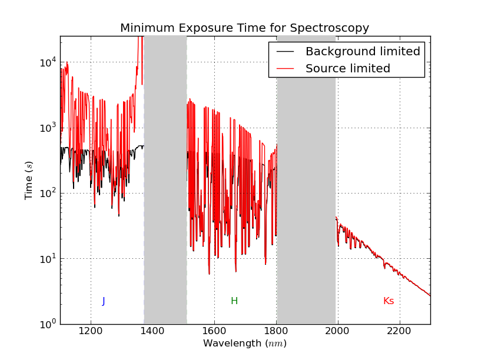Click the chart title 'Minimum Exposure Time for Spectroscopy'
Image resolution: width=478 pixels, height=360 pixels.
click(x=244, y=28)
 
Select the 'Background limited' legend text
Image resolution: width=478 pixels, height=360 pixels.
click(x=363, y=52)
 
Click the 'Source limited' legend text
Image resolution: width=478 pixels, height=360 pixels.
click(x=347, y=69)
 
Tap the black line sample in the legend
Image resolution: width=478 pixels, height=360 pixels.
click(x=285, y=52)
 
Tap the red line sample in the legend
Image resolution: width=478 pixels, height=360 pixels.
click(x=285, y=69)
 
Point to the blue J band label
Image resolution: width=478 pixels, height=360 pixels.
click(x=104, y=301)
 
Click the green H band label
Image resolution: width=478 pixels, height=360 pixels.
click(x=234, y=301)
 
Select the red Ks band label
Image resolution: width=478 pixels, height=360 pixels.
click(x=389, y=301)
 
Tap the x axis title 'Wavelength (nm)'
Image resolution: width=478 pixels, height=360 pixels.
click(x=245, y=344)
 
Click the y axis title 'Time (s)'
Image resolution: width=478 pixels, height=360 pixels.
click(x=29, y=180)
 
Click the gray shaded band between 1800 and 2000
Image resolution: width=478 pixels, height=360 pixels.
click(x=306, y=176)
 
